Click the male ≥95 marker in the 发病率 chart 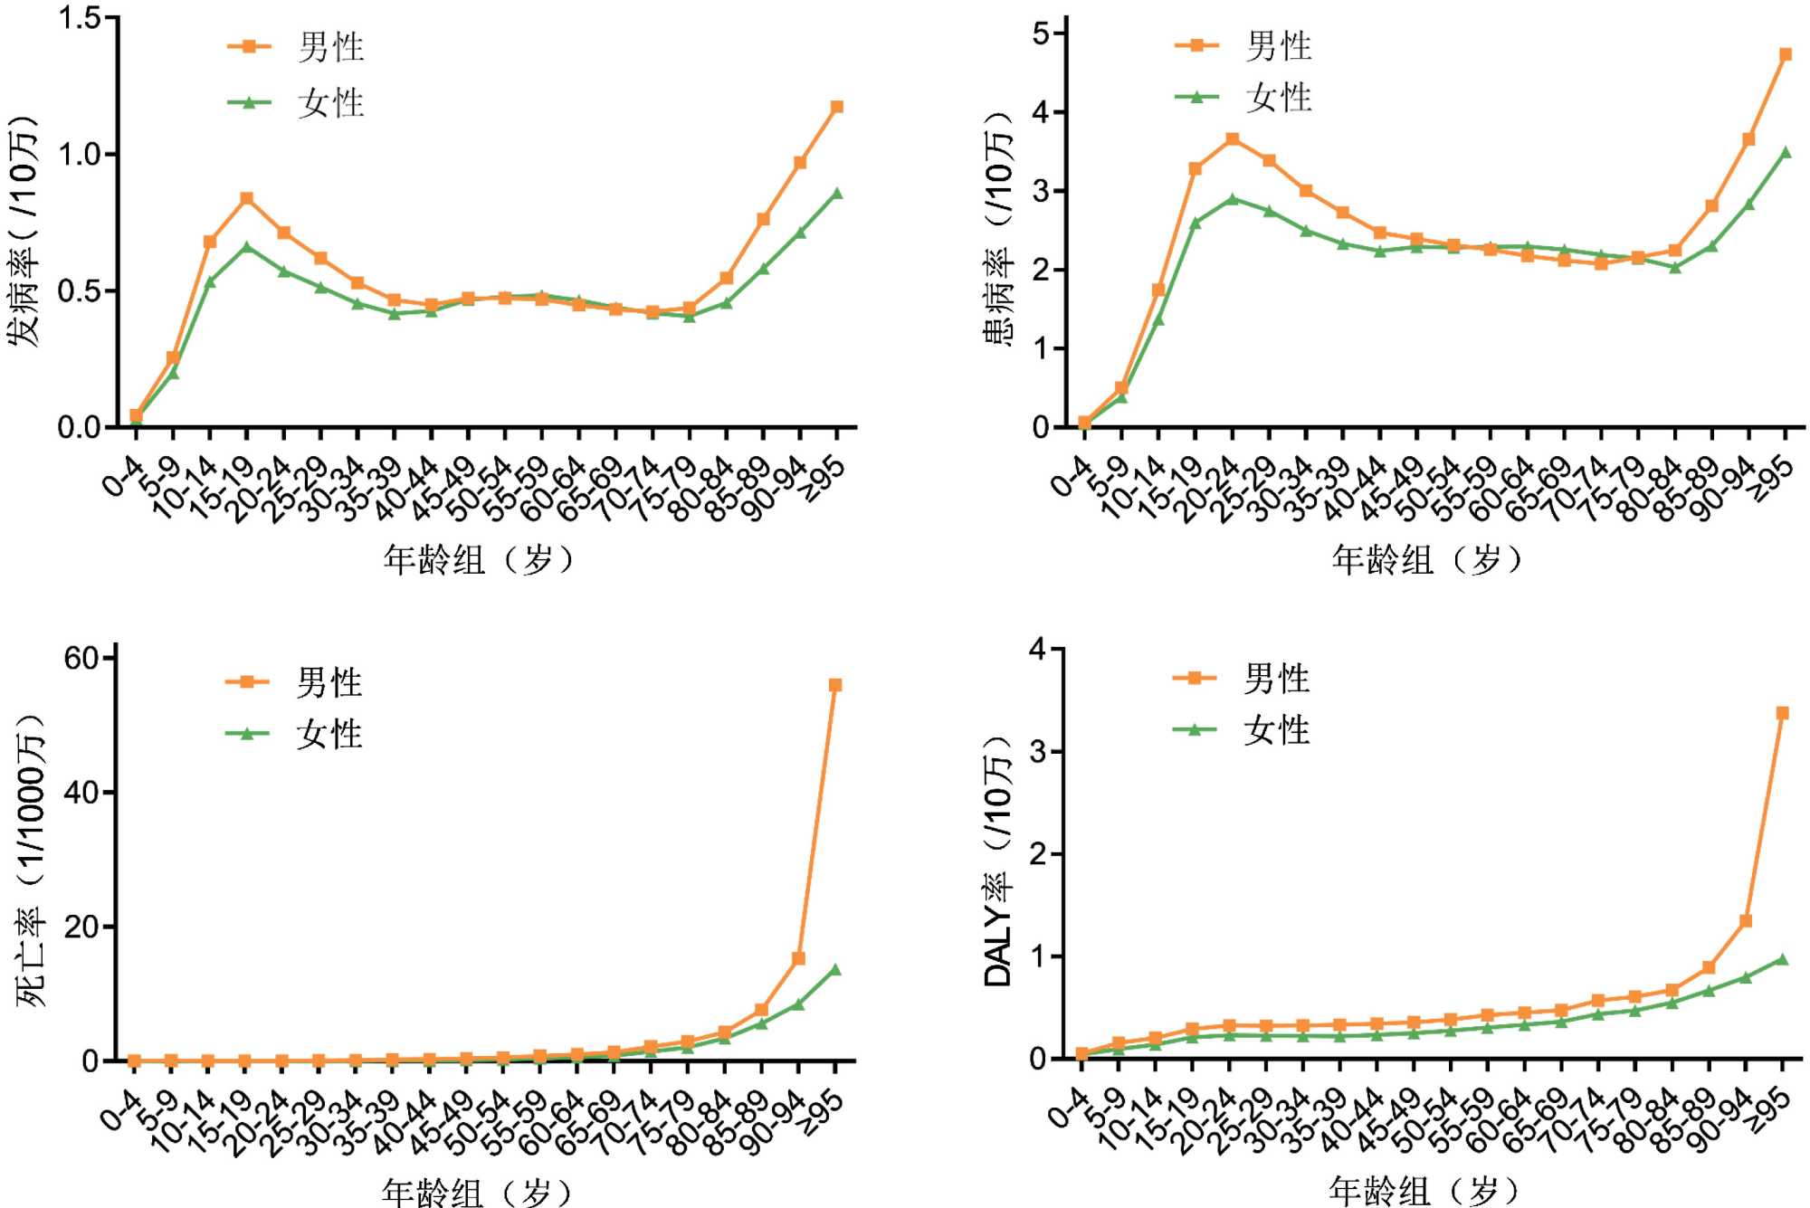click(x=837, y=107)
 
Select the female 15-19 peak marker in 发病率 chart click(x=246, y=246)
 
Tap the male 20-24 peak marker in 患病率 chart click(x=1233, y=138)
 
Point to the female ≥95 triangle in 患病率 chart click(x=1786, y=152)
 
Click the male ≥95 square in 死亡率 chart click(x=835, y=685)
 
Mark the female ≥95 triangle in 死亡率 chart click(x=835, y=969)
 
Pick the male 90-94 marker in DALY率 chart click(x=1746, y=921)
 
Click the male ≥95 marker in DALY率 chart click(x=1783, y=713)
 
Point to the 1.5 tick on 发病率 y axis click(x=80, y=18)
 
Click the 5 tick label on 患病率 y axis click(x=1041, y=34)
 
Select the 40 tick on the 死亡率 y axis click(x=81, y=793)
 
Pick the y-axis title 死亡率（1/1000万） click(x=29, y=860)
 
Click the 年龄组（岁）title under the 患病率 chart click(x=1426, y=560)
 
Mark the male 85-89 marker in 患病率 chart click(x=1711, y=206)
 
